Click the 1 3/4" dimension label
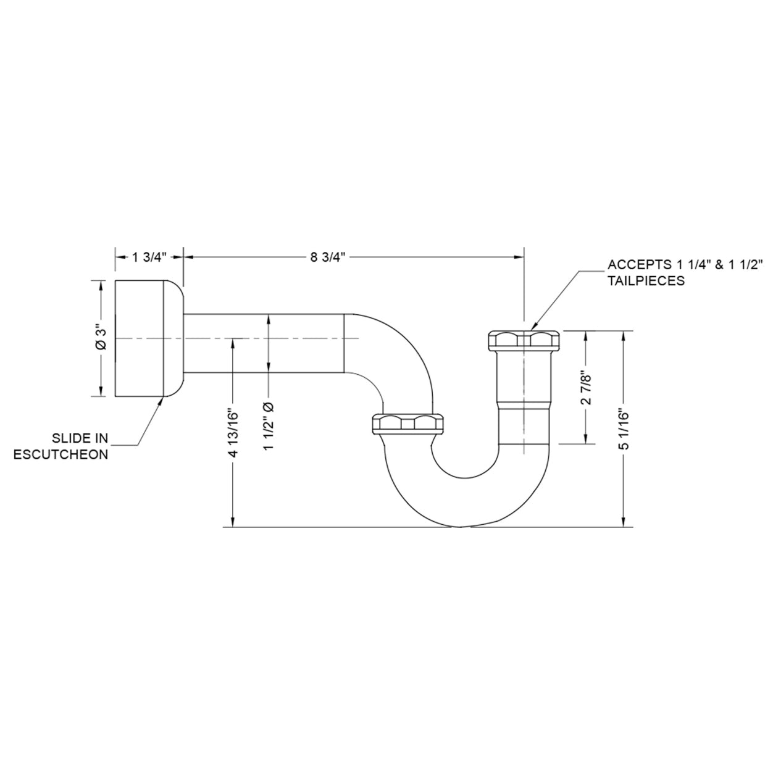[149, 257]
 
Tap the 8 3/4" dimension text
[327, 257]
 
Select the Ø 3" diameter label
[101, 338]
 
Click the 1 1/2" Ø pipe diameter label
[269, 426]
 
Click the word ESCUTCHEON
[62, 454]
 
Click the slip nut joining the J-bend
[408, 424]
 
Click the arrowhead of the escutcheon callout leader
[161, 400]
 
